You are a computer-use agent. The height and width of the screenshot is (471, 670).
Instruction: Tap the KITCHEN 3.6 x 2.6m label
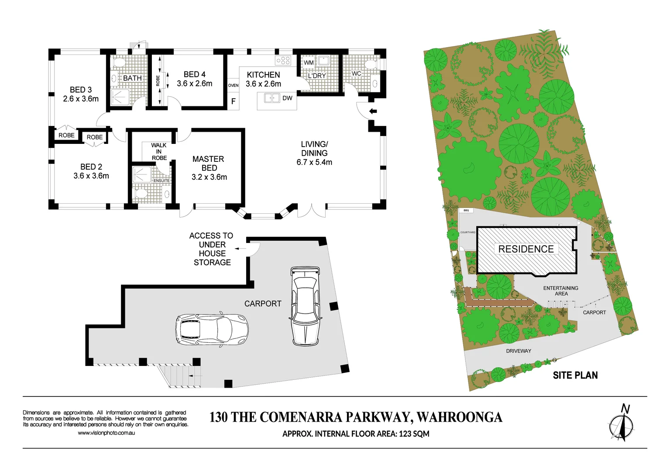point(263,79)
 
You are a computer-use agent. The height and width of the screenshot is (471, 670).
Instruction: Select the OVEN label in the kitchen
point(234,85)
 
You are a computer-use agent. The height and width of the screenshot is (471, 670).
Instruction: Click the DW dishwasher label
point(287,98)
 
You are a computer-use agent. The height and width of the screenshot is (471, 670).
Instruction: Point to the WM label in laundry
point(309,62)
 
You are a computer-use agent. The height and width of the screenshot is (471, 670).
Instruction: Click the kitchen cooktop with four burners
point(283,60)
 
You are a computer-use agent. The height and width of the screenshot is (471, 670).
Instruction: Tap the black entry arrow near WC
point(373,111)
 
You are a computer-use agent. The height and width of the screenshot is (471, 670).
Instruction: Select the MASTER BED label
point(209,164)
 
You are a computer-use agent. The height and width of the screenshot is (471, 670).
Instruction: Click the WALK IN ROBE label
point(159,151)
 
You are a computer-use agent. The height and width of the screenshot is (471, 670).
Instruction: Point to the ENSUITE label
point(161,181)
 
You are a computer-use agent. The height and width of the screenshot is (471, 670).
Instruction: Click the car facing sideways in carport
point(212,328)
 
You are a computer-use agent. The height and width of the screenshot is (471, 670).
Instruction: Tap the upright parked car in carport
point(305,306)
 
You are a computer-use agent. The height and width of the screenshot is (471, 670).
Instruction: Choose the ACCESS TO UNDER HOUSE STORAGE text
point(212,249)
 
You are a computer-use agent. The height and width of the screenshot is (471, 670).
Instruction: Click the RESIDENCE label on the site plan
point(526,249)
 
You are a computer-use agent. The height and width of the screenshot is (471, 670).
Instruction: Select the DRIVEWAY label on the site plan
point(519,351)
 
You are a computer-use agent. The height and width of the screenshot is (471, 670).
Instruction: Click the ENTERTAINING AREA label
point(561,291)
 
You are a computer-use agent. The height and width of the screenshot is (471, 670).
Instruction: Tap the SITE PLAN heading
point(575,375)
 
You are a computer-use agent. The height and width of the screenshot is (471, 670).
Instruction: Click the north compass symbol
point(622,425)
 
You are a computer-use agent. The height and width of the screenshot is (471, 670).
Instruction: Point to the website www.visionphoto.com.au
point(106,433)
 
